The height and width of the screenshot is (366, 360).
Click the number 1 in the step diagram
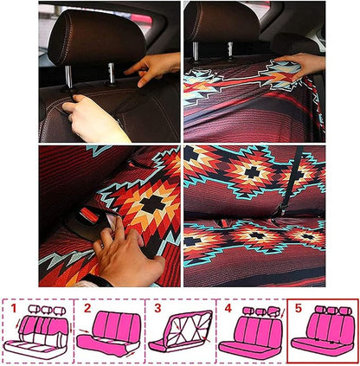13,306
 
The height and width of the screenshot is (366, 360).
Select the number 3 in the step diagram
156,306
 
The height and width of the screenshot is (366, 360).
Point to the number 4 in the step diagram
227,306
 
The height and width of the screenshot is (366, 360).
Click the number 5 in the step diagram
299,306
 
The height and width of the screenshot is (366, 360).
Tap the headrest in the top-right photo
222,22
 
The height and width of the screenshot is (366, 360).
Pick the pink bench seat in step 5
324,334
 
